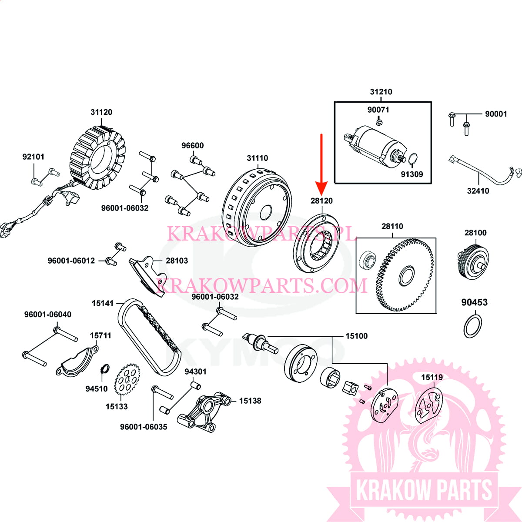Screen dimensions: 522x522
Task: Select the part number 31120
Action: point(101,112)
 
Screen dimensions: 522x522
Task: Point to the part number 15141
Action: point(103,303)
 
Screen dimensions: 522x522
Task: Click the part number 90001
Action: point(496,114)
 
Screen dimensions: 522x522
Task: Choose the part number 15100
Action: point(356,336)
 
